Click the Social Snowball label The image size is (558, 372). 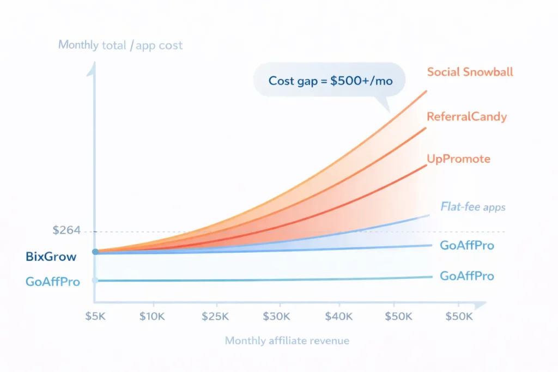470,72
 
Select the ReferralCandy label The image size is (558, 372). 466,116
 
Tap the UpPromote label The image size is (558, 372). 459,159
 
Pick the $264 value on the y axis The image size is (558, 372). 66,230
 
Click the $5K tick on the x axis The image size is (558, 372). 96,316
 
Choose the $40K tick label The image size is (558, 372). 339,316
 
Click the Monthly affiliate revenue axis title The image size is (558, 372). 287,341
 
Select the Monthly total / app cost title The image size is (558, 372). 120,45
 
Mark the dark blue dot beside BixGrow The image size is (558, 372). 95,252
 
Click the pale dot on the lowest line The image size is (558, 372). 95,280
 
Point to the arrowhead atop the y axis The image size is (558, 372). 95,66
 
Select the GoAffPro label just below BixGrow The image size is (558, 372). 52,282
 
